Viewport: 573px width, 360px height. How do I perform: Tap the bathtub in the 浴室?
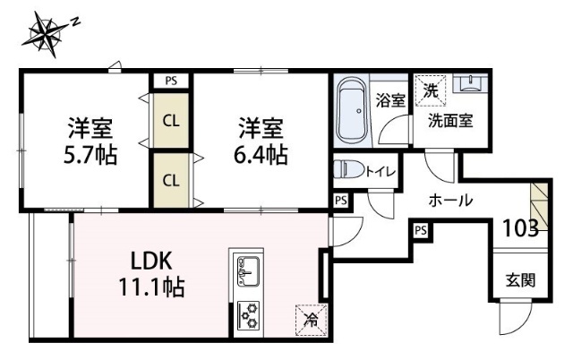point(352,113)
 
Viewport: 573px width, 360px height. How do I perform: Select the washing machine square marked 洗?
point(430,90)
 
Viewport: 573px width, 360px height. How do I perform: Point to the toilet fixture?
point(348,169)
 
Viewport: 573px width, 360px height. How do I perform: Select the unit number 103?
point(519,227)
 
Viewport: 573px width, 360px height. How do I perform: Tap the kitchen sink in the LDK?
point(248,269)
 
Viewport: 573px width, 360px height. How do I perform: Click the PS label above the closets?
point(170,81)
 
